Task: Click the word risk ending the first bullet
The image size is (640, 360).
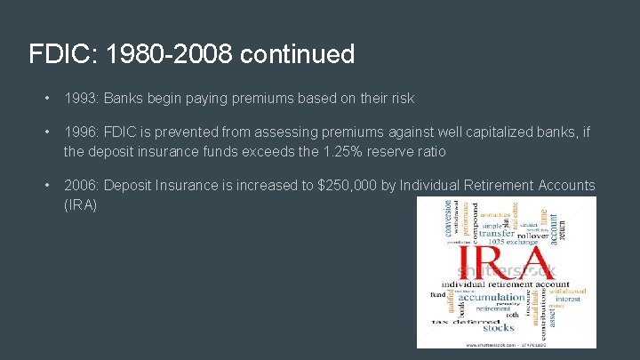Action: (x=399, y=99)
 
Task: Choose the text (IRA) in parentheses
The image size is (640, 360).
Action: (x=80, y=204)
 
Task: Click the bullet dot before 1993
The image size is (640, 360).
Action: (x=44, y=99)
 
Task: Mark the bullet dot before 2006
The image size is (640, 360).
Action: (x=44, y=185)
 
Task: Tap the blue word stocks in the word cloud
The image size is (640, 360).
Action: (x=499, y=327)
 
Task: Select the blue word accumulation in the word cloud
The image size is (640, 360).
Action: (x=492, y=297)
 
